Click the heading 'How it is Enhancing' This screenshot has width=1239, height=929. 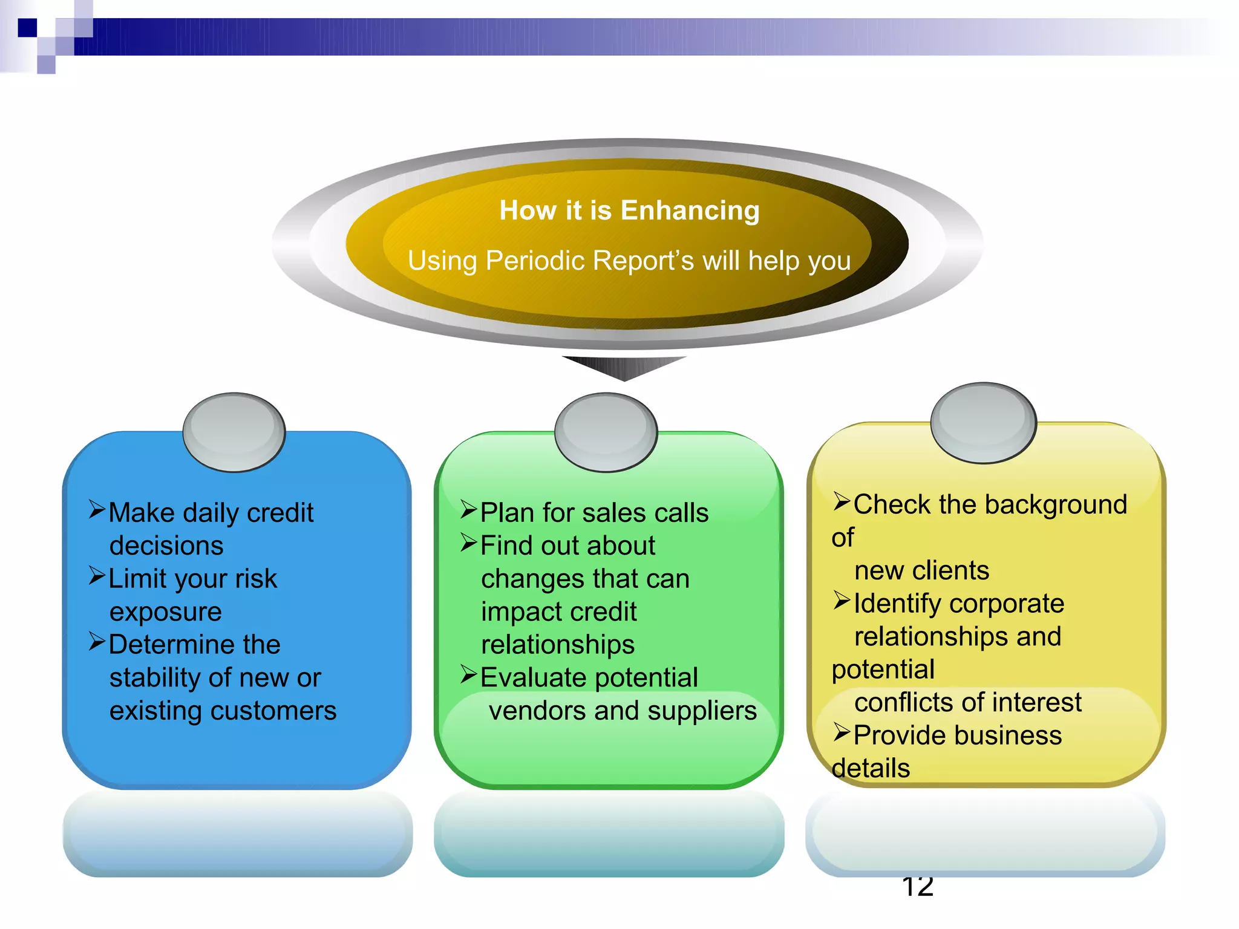[x=629, y=211]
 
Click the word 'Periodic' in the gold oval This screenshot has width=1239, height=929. [x=535, y=261]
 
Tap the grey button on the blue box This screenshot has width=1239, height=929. [x=234, y=432]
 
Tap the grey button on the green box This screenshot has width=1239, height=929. [x=606, y=432]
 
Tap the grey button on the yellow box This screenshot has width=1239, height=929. [x=983, y=422]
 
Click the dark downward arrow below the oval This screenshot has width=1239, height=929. [x=624, y=367]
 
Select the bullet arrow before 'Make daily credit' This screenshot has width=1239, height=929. [x=97, y=510]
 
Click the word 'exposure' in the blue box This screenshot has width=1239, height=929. [x=165, y=612]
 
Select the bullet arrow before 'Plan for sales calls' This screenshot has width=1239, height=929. [x=469, y=510]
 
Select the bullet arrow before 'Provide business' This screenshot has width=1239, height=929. [x=842, y=732]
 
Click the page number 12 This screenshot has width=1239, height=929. [x=917, y=887]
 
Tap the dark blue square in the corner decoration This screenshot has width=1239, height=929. [x=27, y=28]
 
